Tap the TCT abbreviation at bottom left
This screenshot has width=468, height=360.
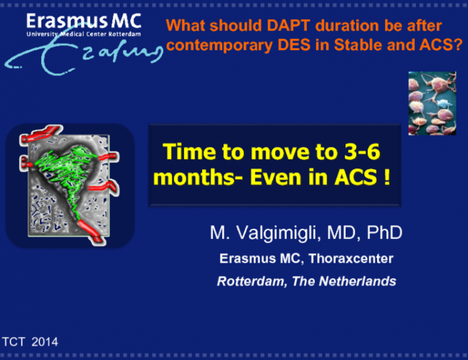(x=14, y=342)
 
